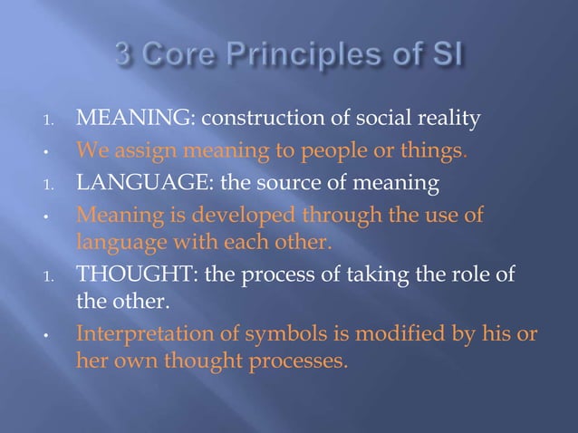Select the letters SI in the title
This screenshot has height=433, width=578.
coord(445,60)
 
